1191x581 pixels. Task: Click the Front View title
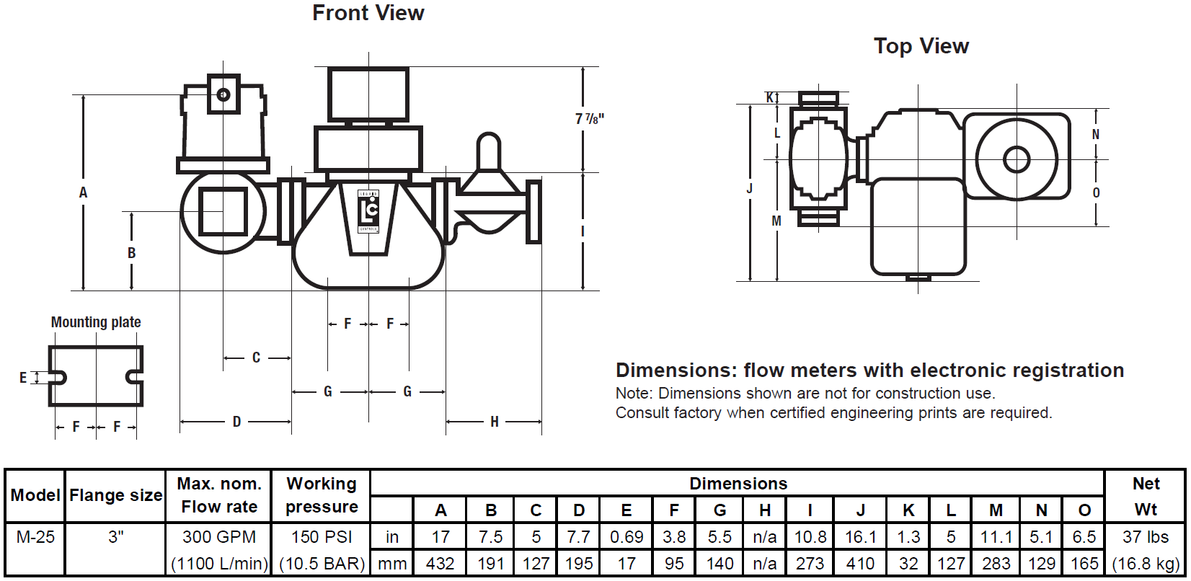[x=368, y=13]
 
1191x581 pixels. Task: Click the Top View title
[x=921, y=46]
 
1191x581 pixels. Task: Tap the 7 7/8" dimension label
[x=589, y=118]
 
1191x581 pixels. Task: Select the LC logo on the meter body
[x=368, y=210]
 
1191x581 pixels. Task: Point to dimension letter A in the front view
[x=83, y=192]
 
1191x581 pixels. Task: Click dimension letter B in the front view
[x=131, y=253]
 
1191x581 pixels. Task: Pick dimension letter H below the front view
[x=495, y=422]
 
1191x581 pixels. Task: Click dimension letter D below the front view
[x=236, y=422]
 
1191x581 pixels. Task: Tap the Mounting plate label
[x=96, y=322]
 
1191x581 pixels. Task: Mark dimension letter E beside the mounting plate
[x=23, y=378]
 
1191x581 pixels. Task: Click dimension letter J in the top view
[x=750, y=189]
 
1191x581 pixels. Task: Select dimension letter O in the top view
[x=1096, y=193]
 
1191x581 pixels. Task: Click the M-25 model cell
[x=35, y=537]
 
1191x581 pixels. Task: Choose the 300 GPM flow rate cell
[x=219, y=537]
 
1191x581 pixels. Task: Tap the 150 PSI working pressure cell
[x=322, y=537]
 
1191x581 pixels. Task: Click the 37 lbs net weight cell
[x=1145, y=537]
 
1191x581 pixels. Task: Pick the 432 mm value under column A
[x=440, y=564]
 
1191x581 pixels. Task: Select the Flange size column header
[x=115, y=496]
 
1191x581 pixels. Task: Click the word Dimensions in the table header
[x=738, y=484]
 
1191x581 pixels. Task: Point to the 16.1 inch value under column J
[x=860, y=537]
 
